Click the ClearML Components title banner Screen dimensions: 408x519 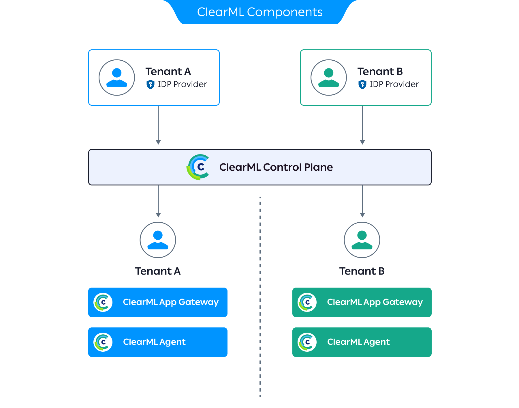click(259, 12)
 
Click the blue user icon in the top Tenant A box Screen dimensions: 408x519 click(117, 77)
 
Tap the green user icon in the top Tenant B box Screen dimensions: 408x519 click(329, 77)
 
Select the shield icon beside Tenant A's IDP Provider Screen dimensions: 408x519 click(150, 84)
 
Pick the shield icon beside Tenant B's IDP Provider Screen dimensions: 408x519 click(362, 84)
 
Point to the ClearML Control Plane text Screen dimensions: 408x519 click(276, 167)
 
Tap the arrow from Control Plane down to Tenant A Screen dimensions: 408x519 click(158, 201)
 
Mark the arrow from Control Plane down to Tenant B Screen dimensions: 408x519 click(362, 201)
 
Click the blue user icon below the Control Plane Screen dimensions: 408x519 click(158, 240)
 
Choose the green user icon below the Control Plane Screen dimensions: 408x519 click(362, 240)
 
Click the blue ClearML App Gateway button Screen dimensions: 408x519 click(158, 302)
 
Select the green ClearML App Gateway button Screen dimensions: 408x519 click(362, 302)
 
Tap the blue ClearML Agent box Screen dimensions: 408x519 click(158, 342)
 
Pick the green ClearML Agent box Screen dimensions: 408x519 click(362, 342)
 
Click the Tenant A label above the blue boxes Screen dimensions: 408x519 click(158, 271)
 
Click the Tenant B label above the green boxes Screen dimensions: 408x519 click(362, 271)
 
